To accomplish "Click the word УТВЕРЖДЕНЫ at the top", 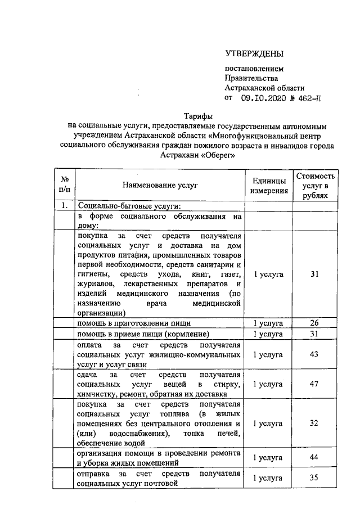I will tap(254, 54).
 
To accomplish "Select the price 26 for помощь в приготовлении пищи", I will tap(314, 323).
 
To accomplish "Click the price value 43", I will tap(314, 355).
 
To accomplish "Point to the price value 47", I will tap(314, 384).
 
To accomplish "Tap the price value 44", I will tap(314, 458).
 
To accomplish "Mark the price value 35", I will tap(314, 478).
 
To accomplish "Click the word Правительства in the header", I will tap(251, 78).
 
